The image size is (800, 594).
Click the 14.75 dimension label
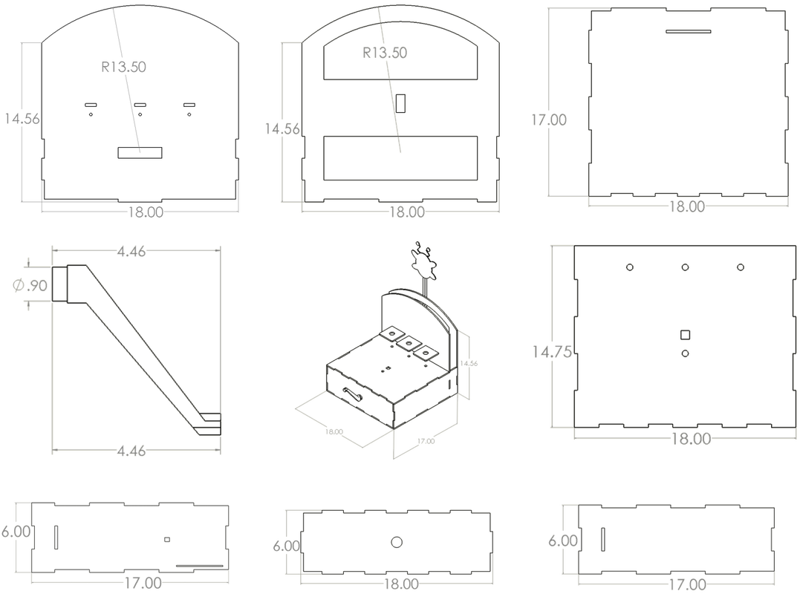tap(551, 352)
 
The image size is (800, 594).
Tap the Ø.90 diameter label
tap(30, 285)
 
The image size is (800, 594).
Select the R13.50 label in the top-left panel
tap(123, 67)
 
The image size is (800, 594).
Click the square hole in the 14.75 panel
tap(685, 335)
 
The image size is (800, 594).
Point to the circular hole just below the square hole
tap(685, 353)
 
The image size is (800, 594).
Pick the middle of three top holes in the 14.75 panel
tap(685, 267)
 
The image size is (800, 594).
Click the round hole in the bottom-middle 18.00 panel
tap(397, 543)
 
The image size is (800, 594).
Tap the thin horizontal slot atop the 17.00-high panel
tap(689, 32)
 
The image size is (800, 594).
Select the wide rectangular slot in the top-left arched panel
tap(140, 152)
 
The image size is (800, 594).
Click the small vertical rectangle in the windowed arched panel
tap(400, 103)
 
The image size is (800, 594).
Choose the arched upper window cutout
tap(400, 51)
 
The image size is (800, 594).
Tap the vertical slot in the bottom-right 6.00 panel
tap(603, 540)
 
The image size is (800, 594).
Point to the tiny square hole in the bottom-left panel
tap(167, 540)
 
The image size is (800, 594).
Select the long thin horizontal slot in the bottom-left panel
tap(200, 566)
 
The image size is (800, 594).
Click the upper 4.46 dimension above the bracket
tap(131, 251)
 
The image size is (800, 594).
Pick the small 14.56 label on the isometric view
tap(469, 364)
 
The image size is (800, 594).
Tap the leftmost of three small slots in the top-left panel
tap(91, 105)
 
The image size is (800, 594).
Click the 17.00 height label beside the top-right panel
tap(548, 120)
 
